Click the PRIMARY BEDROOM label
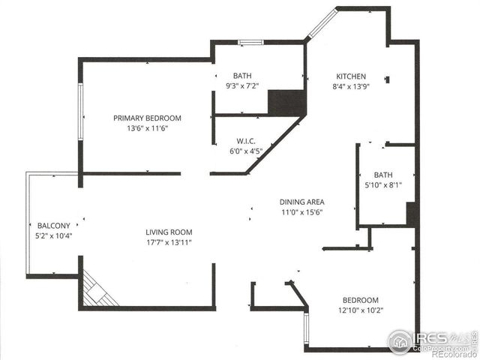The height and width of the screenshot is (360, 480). coord(147,118)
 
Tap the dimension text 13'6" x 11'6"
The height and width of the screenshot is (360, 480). coord(147,128)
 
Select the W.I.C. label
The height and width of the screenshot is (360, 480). coord(247,140)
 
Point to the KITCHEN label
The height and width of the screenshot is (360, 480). coord(350,76)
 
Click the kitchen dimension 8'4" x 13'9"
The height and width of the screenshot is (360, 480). coord(350,87)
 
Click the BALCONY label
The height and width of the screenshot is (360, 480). coord(54,225)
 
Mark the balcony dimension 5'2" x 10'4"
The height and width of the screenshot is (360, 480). coord(54,235)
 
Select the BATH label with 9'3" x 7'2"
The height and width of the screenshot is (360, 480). coord(242,75)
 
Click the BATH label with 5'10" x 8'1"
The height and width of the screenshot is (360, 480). coord(383,175)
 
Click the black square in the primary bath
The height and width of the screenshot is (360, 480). coord(286,102)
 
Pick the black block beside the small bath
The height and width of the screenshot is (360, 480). coord(412,214)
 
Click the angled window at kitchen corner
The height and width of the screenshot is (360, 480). coord(320,23)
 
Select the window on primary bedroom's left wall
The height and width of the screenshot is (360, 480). coord(80,109)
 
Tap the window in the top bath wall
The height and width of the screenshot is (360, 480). coord(250,42)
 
